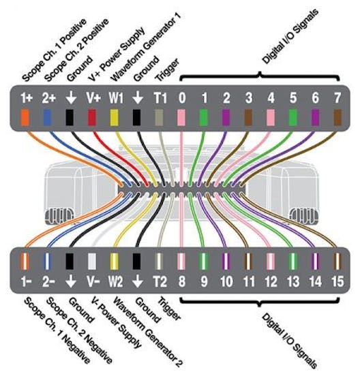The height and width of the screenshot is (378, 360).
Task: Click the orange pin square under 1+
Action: (25, 117)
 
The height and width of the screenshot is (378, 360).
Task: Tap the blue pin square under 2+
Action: (47, 117)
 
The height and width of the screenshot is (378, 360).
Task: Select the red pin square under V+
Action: (92, 117)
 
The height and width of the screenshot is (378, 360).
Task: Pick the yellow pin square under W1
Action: (114, 117)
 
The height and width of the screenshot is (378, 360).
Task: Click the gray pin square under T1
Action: (159, 117)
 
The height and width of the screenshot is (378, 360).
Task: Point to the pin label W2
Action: (116, 281)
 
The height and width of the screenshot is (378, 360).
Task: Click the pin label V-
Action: (93, 281)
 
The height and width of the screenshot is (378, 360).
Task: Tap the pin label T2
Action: (160, 281)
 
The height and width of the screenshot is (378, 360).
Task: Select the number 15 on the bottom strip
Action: (337, 281)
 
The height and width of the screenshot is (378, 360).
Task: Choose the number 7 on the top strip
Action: (337, 98)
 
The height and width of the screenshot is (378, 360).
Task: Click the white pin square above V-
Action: (92, 261)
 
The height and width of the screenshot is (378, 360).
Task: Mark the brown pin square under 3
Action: (248, 117)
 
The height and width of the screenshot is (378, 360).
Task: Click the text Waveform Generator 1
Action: (145, 47)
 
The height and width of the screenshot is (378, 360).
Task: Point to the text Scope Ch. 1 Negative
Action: (57, 331)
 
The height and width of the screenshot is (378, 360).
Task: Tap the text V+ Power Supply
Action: (117, 54)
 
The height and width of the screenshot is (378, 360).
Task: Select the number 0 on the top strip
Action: (182, 98)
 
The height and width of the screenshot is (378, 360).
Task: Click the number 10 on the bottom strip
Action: (226, 281)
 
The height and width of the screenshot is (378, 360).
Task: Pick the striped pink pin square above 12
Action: (271, 261)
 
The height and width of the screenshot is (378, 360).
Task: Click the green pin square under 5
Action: (293, 117)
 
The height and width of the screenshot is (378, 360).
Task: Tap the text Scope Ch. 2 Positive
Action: (76, 50)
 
